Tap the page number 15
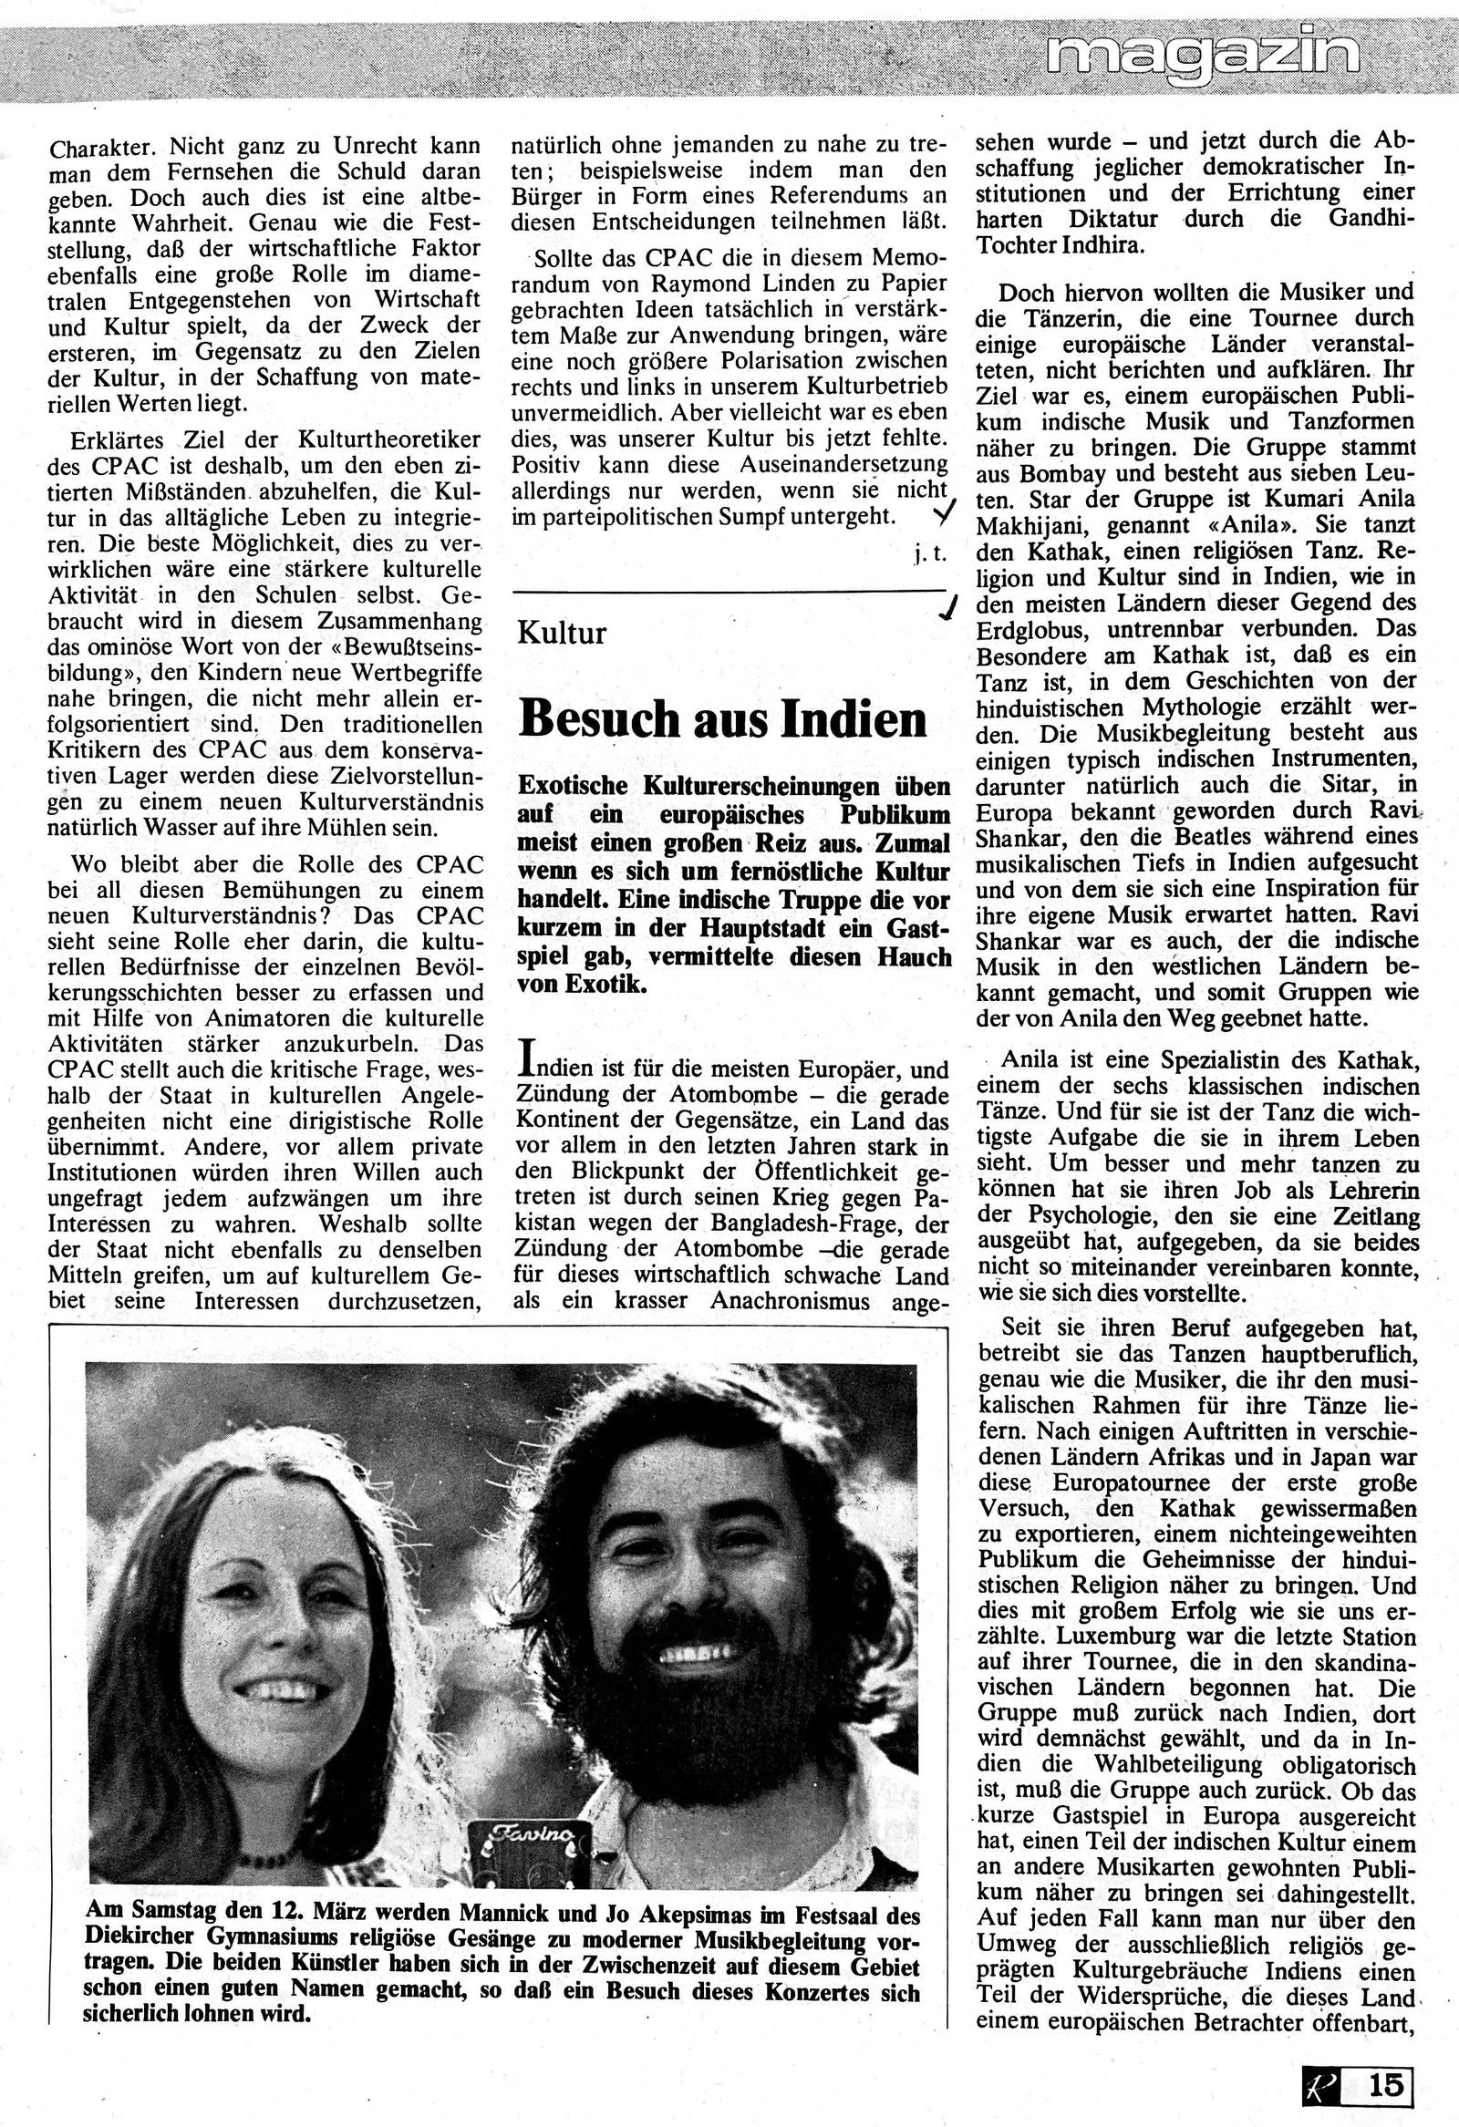[x=1387, y=2085]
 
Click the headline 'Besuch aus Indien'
[x=723, y=719]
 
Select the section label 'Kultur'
[x=561, y=634]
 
